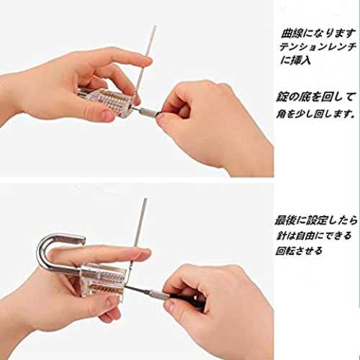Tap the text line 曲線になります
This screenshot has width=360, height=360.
318,33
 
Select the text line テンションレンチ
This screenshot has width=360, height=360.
318,47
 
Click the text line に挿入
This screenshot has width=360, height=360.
295,60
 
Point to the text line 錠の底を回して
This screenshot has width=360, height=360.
315,97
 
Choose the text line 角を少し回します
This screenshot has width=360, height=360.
315,114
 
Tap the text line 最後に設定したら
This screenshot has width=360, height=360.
316,220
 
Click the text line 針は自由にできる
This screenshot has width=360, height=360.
314,235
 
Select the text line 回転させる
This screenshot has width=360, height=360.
299,251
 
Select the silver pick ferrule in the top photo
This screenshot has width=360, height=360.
148,112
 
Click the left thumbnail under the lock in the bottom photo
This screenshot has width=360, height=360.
109,303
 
